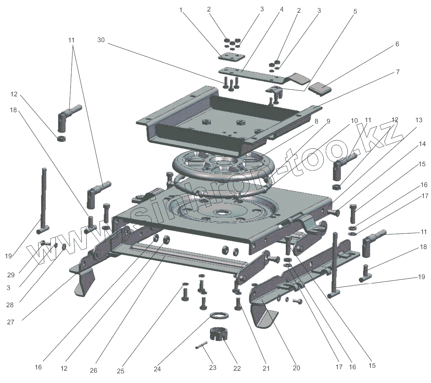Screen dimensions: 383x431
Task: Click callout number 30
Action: click(101, 40)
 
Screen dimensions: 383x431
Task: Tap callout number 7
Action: click(398, 72)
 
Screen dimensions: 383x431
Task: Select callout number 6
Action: click(397, 44)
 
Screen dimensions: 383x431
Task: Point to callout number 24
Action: click(157, 369)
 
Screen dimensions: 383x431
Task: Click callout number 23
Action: click(213, 367)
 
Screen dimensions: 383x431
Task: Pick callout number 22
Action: click(237, 368)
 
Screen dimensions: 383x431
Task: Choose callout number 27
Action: click(11, 322)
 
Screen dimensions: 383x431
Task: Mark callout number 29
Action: click(11, 275)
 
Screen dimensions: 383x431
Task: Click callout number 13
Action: click(419, 120)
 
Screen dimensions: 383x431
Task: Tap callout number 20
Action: click(296, 368)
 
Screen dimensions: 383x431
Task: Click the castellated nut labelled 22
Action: click(220, 334)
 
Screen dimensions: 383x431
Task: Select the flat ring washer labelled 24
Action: click(219, 315)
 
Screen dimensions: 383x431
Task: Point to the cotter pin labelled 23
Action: click(201, 345)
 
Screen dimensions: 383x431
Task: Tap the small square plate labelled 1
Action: click(231, 58)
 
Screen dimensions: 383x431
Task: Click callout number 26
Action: click(93, 370)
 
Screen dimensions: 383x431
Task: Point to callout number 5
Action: click(355, 12)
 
